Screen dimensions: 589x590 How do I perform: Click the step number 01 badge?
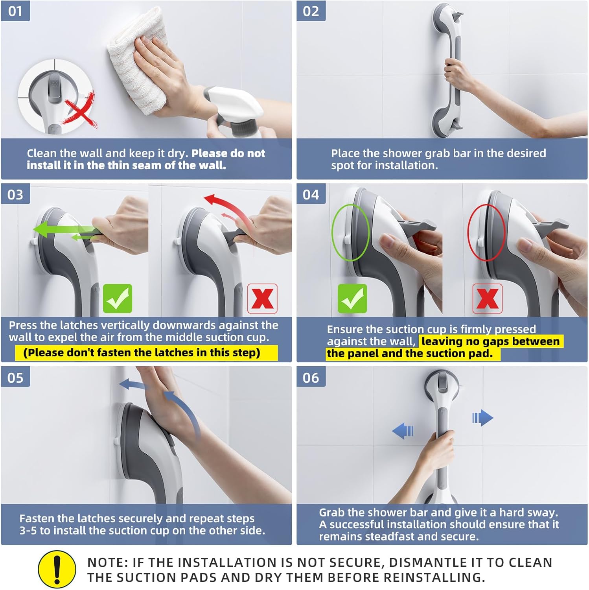tap(15, 11)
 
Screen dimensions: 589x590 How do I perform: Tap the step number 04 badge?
tap(311, 194)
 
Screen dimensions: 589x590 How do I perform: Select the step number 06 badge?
tap(311, 377)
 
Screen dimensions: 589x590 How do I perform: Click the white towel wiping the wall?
tap(136, 63)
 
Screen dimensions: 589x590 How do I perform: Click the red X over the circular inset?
tap(81, 110)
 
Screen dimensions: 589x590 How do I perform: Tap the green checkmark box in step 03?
tap(118, 299)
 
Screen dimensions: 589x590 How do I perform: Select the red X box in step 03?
tap(262, 299)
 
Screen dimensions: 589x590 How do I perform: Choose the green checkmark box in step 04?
tap(352, 299)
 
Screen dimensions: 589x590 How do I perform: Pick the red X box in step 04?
tap(487, 299)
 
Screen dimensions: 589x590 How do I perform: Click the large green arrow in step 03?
tap(65, 229)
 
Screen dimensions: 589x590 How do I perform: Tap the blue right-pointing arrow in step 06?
tap(482, 417)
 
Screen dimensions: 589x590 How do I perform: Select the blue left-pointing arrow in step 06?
tap(403, 431)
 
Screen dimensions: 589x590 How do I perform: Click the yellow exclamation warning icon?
tap(57, 569)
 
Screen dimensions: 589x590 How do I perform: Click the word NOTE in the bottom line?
tap(106, 562)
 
